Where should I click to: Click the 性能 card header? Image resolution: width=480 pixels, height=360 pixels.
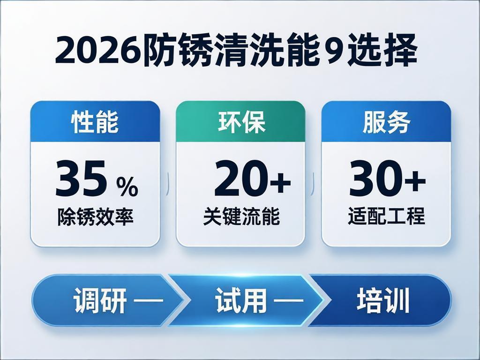click(x=95, y=122)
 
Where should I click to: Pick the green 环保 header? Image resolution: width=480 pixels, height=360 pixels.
click(x=241, y=122)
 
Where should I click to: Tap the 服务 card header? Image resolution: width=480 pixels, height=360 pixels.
click(x=386, y=122)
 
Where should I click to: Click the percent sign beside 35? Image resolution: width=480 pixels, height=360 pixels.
click(x=127, y=187)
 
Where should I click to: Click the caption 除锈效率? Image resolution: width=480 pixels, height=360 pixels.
click(x=95, y=217)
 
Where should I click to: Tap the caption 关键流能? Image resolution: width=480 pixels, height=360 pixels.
click(x=241, y=217)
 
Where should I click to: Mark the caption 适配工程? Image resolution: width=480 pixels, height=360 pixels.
click(x=386, y=217)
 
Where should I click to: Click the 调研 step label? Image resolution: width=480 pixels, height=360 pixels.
click(x=100, y=301)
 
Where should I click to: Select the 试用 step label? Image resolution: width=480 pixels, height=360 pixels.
click(x=241, y=301)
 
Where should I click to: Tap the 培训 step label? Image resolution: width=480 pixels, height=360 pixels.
click(x=383, y=300)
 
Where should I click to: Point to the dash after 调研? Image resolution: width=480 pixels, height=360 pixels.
click(x=148, y=301)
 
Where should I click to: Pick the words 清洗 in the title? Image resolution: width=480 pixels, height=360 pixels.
click(x=241, y=52)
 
